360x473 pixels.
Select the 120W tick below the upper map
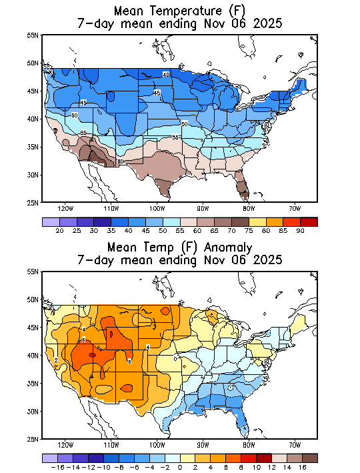(65, 207)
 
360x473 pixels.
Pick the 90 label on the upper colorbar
(300, 230)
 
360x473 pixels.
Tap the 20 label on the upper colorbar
(59, 230)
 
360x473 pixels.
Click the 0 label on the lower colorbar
(180, 468)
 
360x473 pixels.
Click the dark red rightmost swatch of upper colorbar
(309, 221)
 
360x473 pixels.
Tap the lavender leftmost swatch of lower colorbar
(49, 458)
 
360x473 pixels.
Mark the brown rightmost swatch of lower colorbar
(309, 458)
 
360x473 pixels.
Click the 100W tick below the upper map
(157, 207)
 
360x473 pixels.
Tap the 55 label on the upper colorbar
(180, 230)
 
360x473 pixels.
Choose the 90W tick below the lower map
(203, 445)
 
